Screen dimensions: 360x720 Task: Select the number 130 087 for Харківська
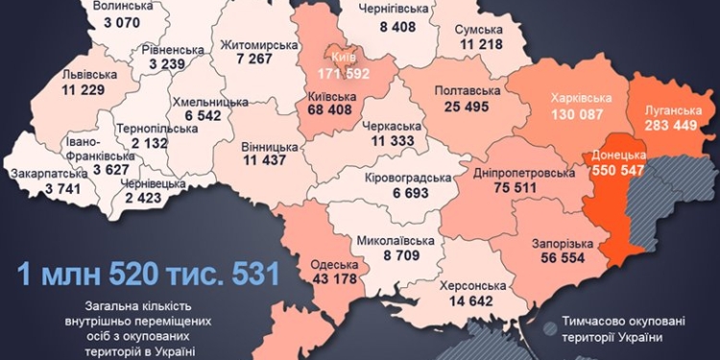[x=572, y=114]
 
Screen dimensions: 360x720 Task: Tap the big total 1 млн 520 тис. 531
[x=150, y=274]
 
